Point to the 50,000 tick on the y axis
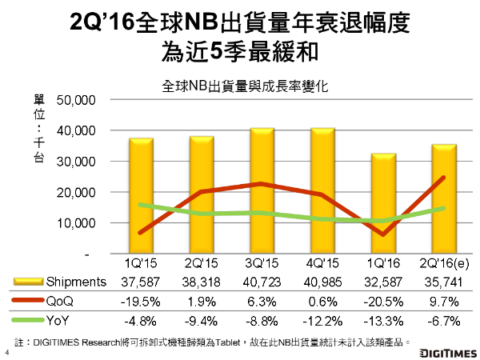coord(77,100)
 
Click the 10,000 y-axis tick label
coord(77,223)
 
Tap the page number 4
coord(7,352)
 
